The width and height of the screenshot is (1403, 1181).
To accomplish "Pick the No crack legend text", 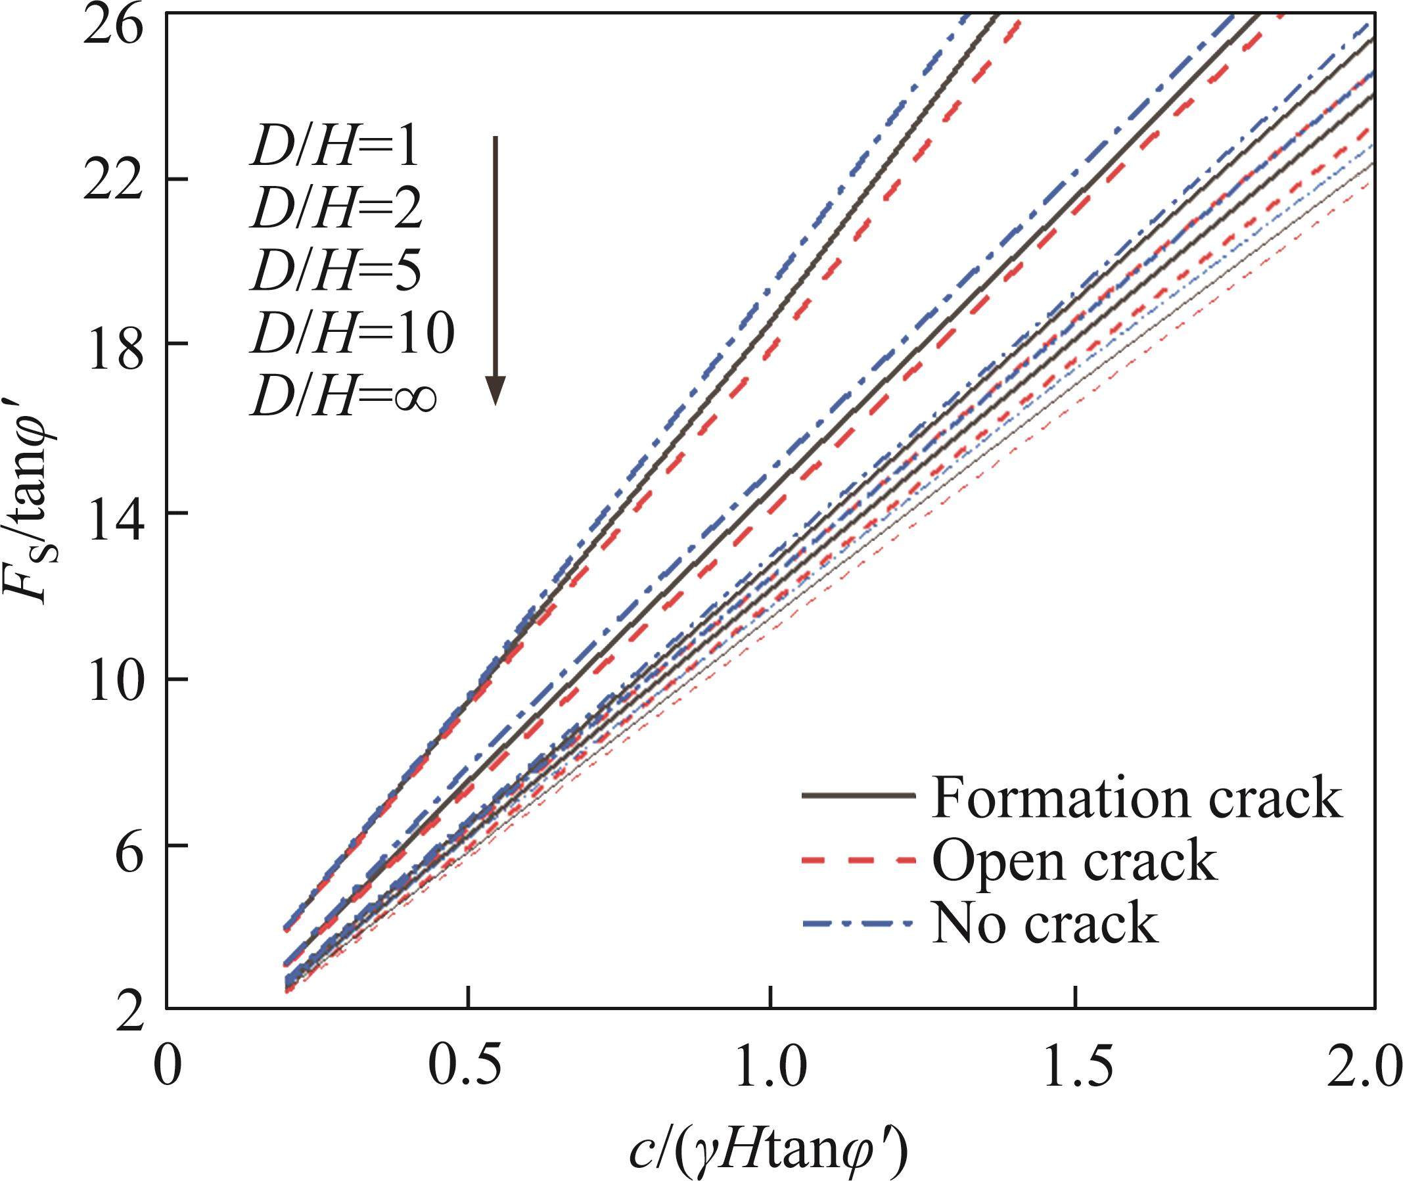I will [x=1044, y=924].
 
